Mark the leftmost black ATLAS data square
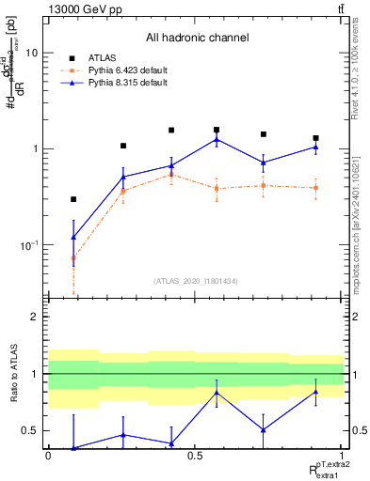click(73, 199)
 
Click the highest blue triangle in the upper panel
click(217, 140)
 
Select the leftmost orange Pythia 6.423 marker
click(73, 257)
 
